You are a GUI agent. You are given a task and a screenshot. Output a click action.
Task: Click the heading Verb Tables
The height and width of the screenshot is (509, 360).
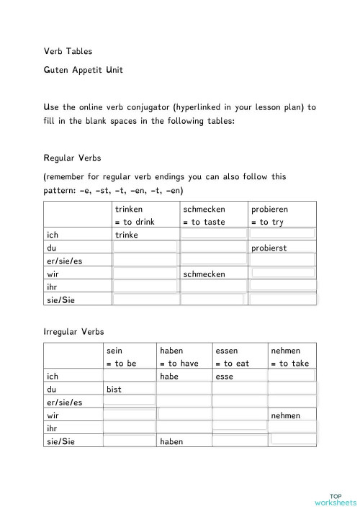click(68, 52)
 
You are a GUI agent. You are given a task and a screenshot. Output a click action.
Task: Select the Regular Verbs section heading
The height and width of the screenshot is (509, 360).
click(72, 158)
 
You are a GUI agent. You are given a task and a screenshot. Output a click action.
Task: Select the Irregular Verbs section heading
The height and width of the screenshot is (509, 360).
click(74, 332)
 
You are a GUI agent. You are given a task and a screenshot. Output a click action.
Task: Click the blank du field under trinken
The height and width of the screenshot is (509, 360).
click(145, 248)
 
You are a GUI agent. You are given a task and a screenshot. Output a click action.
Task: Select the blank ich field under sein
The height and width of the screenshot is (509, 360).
click(130, 376)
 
